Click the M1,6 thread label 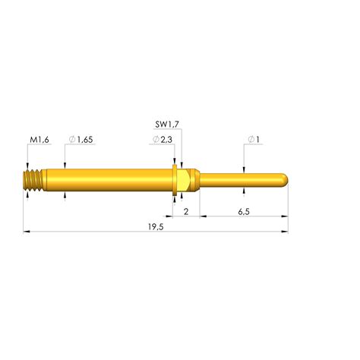[x=39, y=140]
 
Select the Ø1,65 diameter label [x=81, y=140]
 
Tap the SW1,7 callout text [x=167, y=125]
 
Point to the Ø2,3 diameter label [x=163, y=139]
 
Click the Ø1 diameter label [x=254, y=139]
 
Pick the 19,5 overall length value [x=156, y=227]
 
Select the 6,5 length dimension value [x=244, y=212]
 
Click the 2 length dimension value [x=186, y=211]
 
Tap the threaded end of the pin [x=33, y=180]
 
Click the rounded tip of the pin [x=285, y=179]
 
